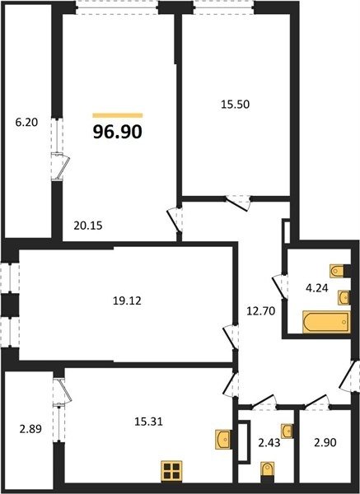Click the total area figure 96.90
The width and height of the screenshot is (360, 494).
pyautogui.click(x=118, y=132)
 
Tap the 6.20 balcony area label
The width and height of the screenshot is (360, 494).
pyautogui.click(x=27, y=122)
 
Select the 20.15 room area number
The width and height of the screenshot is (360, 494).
pyautogui.click(x=88, y=226)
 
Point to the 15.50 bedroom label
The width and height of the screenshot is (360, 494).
pyautogui.click(x=235, y=104)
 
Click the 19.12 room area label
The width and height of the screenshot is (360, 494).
pyautogui.click(x=127, y=301)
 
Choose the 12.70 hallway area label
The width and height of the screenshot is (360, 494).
pyautogui.click(x=261, y=311)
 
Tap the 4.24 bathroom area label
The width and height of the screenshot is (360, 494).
pyautogui.click(x=317, y=288)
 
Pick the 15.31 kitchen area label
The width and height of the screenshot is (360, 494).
pyautogui.click(x=148, y=422)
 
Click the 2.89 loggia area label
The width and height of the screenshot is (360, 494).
pyautogui.click(x=30, y=429)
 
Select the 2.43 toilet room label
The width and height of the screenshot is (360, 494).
pyautogui.click(x=269, y=443)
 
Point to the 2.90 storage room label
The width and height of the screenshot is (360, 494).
pyautogui.click(x=325, y=442)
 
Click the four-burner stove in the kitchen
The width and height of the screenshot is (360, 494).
pyautogui.click(x=171, y=471)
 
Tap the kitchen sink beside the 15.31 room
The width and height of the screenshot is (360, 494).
pyautogui.click(x=223, y=439)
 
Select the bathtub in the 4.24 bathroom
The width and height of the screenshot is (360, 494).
pyautogui.click(x=326, y=322)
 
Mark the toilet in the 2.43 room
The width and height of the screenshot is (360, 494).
pyautogui.click(x=267, y=471)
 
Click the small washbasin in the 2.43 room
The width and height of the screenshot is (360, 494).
pyautogui.click(x=288, y=431)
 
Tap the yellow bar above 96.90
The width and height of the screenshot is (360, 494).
pyautogui.click(x=118, y=115)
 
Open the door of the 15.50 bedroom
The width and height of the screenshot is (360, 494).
pyautogui.click(x=239, y=203)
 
